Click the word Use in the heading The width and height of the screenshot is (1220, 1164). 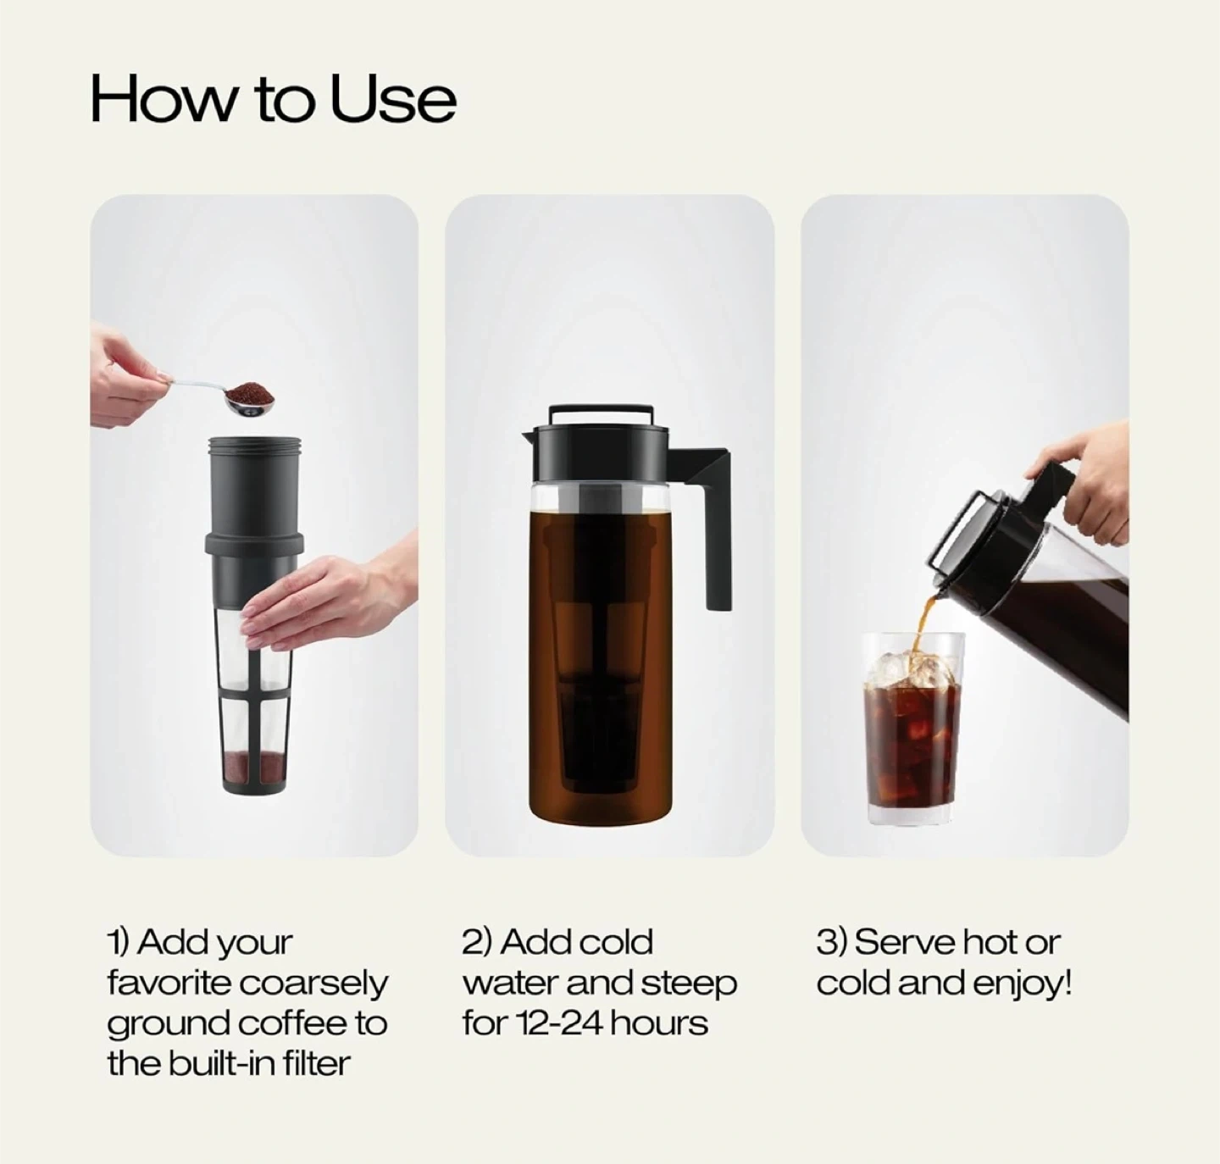[x=393, y=99]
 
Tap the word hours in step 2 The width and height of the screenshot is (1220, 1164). [x=658, y=1023]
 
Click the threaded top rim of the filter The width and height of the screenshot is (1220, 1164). [x=254, y=444]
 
